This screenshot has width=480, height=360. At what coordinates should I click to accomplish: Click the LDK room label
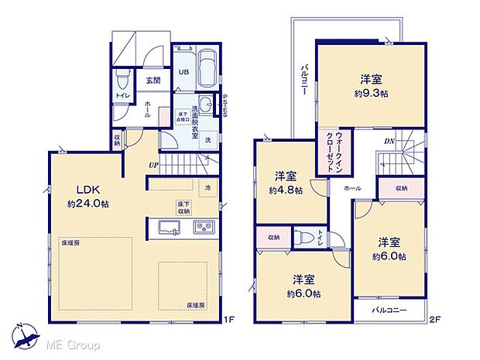point(87,190)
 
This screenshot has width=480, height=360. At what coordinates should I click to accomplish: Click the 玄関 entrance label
point(152,79)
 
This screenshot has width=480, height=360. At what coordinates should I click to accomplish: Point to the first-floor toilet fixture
point(122,81)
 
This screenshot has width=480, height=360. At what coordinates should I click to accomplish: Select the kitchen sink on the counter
point(169,227)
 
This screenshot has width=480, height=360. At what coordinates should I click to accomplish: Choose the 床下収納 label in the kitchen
point(182,208)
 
